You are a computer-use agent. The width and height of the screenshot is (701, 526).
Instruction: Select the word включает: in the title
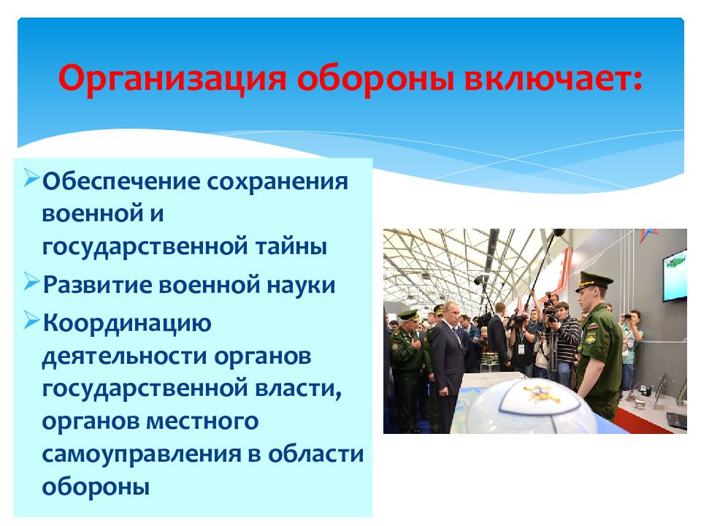tap(553, 79)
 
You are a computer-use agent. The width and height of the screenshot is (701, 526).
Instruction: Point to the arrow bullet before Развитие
tap(31, 281)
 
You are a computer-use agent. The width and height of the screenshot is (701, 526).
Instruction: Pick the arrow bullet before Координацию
tap(31, 320)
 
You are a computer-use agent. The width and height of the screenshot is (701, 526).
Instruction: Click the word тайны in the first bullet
tap(291, 246)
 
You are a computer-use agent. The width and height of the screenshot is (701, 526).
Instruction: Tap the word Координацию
tap(127, 324)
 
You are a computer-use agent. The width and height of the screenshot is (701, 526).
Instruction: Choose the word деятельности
tap(124, 357)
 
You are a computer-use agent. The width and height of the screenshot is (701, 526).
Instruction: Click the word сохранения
tap(277, 182)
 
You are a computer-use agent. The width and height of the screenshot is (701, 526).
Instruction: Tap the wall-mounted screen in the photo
tap(675, 275)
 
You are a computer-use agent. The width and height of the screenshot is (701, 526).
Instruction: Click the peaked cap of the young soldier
tap(594, 281)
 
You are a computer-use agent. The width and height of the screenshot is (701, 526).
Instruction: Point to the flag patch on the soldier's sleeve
tap(592, 326)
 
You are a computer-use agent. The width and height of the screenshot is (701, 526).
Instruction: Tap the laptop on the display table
tap(677, 421)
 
